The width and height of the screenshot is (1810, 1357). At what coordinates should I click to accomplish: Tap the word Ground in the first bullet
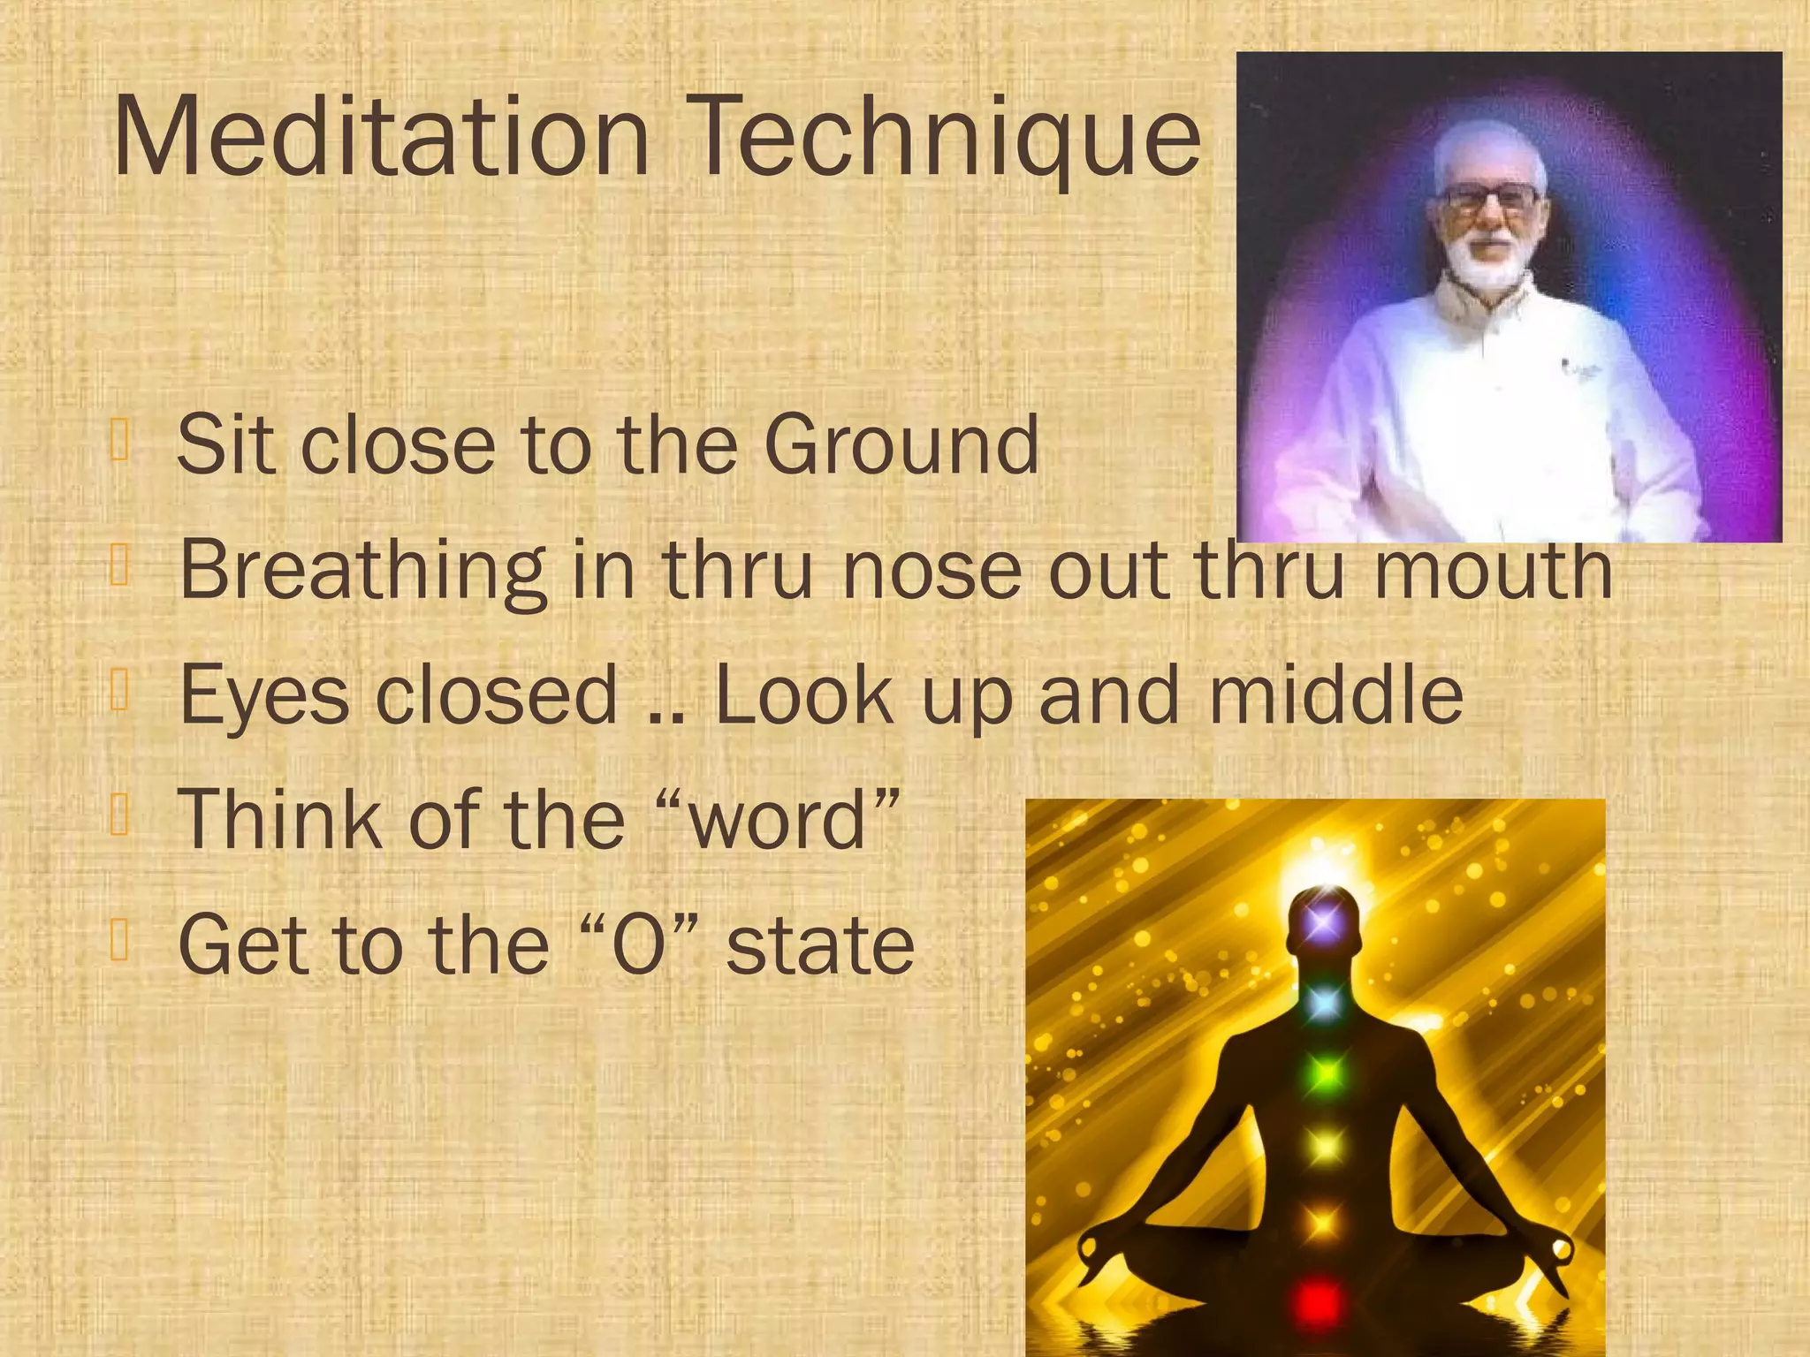point(901,444)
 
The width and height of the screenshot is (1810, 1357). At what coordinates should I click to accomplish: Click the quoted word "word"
point(778,820)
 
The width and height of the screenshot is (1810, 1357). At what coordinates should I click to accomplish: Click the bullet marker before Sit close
point(121,441)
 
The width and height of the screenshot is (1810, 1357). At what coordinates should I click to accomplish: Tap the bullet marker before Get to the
point(121,940)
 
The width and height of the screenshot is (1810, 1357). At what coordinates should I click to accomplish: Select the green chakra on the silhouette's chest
point(1324,1074)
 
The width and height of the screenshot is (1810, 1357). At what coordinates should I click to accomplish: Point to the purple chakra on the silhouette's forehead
point(1322,923)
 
